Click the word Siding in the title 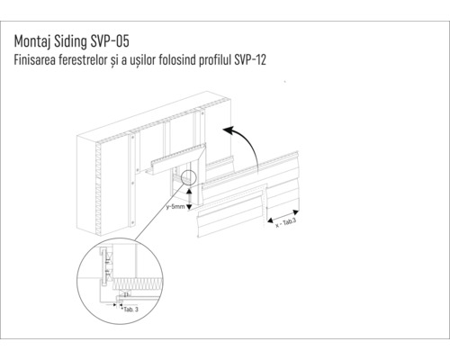pos(73,41)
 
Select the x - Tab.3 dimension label pos(289,221)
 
